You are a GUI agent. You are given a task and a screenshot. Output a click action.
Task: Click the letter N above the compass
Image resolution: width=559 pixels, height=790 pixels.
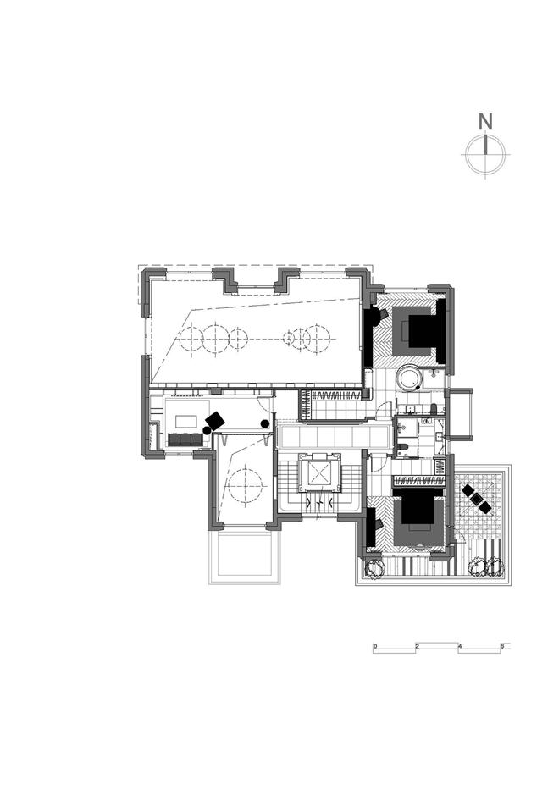(x=485, y=122)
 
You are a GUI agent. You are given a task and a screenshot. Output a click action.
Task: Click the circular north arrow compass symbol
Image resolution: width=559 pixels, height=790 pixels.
(x=485, y=153)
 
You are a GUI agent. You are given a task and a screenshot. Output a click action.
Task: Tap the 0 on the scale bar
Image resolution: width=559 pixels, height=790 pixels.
(x=375, y=645)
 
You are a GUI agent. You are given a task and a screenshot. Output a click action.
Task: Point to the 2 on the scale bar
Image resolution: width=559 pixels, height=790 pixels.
(x=417, y=645)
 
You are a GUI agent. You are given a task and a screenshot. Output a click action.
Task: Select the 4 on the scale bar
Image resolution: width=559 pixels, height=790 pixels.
(x=460, y=645)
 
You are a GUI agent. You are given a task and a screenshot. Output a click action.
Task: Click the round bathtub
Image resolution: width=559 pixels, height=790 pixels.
(x=409, y=378)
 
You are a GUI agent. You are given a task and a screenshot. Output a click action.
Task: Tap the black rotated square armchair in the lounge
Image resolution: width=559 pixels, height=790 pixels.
(x=215, y=421)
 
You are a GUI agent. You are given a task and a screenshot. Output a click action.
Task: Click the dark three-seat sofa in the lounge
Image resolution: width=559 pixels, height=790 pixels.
(x=185, y=439)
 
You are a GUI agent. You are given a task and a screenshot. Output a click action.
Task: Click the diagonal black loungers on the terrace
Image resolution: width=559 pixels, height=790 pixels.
(x=476, y=498)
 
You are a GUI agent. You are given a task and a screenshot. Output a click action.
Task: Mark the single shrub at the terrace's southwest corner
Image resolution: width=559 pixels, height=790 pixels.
(x=375, y=568)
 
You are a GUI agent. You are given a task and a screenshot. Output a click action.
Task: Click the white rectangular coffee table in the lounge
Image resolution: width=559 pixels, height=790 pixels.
(x=187, y=421)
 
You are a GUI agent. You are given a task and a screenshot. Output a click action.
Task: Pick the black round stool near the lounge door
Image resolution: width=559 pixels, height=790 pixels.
(x=265, y=423)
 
